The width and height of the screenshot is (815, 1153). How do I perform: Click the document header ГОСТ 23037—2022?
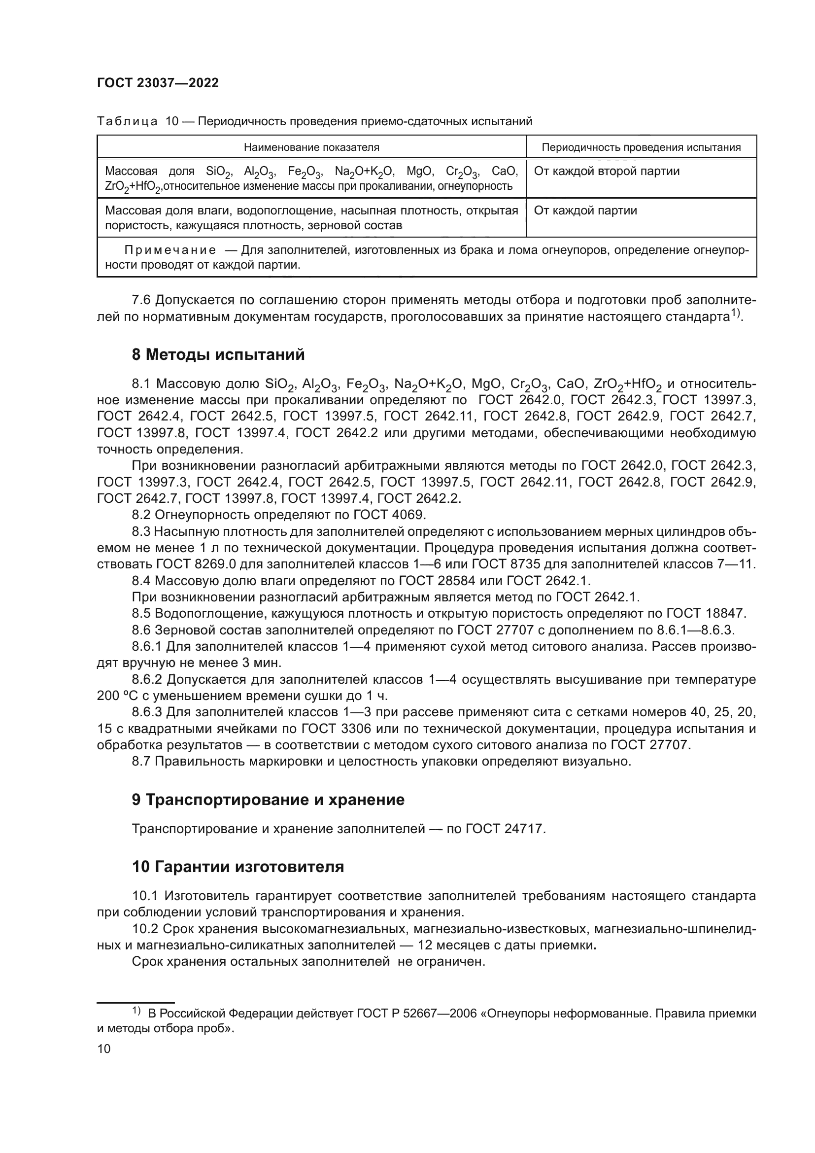[x=158, y=83]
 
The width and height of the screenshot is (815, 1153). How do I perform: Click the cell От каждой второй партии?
[x=606, y=171]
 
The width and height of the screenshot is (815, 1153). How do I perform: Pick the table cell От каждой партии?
[x=585, y=210]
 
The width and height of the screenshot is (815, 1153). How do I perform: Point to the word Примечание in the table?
[x=170, y=250]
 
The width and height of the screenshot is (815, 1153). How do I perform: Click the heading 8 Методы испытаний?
[x=218, y=354]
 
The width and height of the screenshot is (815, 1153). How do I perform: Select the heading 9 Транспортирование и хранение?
[x=268, y=800]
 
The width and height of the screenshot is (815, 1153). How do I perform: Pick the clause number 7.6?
[x=141, y=300]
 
